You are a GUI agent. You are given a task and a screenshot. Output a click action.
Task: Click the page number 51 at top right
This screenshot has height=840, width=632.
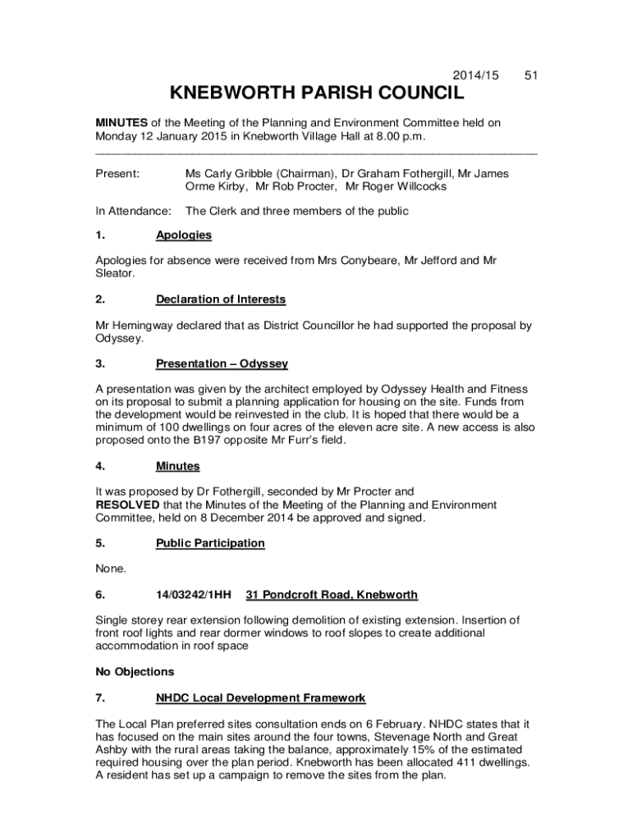click(531, 75)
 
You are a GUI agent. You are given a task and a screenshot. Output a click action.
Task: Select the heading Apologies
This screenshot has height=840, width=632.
click(184, 235)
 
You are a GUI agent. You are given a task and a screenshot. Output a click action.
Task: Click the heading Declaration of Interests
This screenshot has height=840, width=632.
click(221, 299)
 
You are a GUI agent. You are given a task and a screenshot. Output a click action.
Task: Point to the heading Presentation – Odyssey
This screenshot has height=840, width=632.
click(222, 363)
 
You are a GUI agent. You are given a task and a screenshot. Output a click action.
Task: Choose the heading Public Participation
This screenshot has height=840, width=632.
click(210, 543)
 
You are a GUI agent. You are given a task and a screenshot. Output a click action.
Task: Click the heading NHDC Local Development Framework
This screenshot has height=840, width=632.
click(260, 698)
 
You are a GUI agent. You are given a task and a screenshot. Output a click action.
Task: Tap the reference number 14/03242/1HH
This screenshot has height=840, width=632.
click(194, 595)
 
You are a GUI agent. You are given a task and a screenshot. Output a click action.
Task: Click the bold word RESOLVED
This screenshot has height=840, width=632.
click(127, 504)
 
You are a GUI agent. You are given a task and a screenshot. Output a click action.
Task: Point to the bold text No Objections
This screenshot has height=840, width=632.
click(135, 672)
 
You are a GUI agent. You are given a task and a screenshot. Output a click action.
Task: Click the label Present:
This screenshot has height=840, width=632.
click(117, 174)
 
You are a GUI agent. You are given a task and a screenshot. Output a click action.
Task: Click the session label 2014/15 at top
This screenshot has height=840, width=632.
click(479, 75)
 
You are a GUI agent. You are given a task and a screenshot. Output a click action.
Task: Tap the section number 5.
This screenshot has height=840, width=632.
click(99, 543)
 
